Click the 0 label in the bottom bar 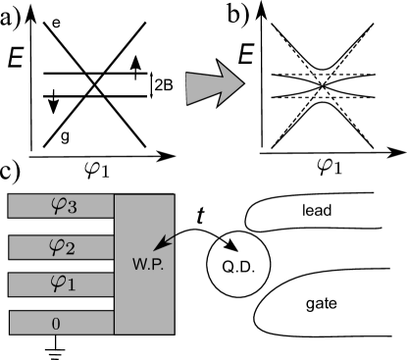coord(56,323)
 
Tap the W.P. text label coord(147,266)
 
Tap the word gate coord(320,304)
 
